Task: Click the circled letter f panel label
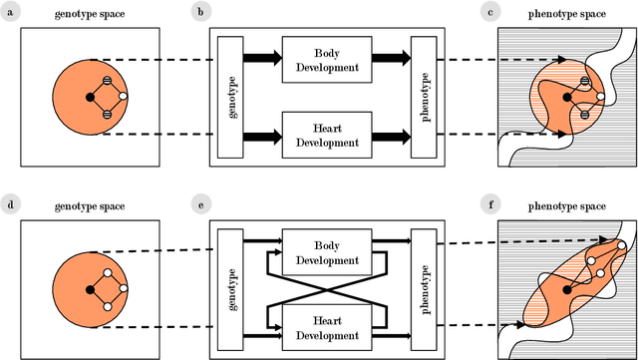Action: [488, 205]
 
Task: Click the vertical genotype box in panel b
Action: [229, 96]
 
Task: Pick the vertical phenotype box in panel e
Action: [424, 291]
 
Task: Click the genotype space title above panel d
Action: [90, 206]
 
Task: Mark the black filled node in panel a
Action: [90, 97]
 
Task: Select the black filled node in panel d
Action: [90, 291]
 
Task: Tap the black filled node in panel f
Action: [567, 290]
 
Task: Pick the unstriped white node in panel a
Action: [124, 97]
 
